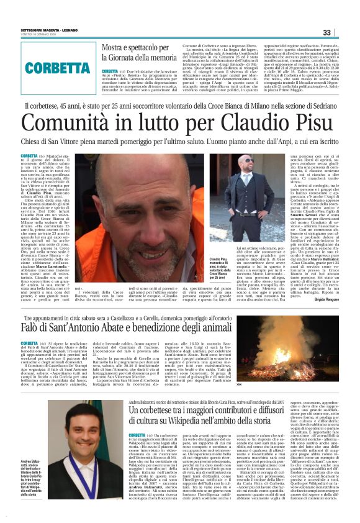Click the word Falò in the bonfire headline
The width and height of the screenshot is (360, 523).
pyautogui.click(x=30, y=327)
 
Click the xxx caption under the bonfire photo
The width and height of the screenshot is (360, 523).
pyautogui.click(x=274, y=385)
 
